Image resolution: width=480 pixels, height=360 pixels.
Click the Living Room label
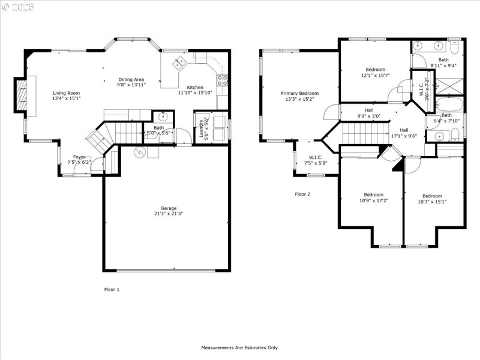point(66,93)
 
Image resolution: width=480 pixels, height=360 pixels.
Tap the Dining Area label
point(131,79)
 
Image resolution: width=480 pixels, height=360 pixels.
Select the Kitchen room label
point(195,88)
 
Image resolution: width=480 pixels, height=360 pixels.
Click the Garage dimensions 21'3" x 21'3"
point(168,214)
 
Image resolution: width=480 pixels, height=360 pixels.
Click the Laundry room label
point(202,127)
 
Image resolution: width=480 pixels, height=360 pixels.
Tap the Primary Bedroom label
point(300,93)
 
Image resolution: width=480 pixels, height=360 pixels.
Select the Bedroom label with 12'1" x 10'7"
point(376,70)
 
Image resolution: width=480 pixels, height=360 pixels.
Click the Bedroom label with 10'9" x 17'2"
point(373,194)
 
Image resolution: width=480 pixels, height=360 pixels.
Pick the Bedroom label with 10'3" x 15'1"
point(431,196)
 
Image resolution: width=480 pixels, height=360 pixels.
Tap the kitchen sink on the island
point(179,63)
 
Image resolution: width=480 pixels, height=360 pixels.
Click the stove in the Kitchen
point(222,80)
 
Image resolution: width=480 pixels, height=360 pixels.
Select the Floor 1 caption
point(112,289)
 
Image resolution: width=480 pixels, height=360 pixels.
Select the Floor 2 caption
point(302,194)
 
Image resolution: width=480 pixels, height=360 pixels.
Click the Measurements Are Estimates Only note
point(239,347)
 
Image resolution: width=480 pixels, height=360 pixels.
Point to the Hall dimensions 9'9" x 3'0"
point(369,116)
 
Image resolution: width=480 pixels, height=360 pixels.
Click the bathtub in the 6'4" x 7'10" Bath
point(450,105)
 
